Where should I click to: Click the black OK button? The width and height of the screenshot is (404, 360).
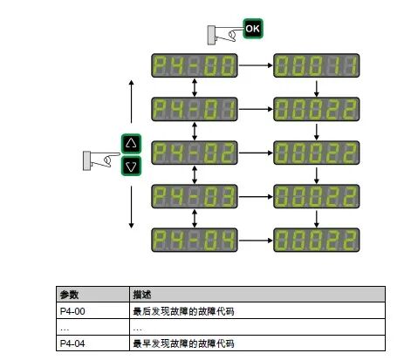[x=252, y=28]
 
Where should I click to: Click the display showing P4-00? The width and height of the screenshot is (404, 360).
[x=194, y=65]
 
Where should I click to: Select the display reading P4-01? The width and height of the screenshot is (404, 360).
[x=194, y=109]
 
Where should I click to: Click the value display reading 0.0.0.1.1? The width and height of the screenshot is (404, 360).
[x=318, y=65]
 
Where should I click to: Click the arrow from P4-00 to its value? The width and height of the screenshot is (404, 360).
[x=256, y=65]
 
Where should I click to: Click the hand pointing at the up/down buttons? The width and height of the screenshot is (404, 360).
[x=99, y=159]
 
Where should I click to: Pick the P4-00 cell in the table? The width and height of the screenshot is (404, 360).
[x=72, y=311]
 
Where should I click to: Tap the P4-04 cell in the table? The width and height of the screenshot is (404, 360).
[x=72, y=343]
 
